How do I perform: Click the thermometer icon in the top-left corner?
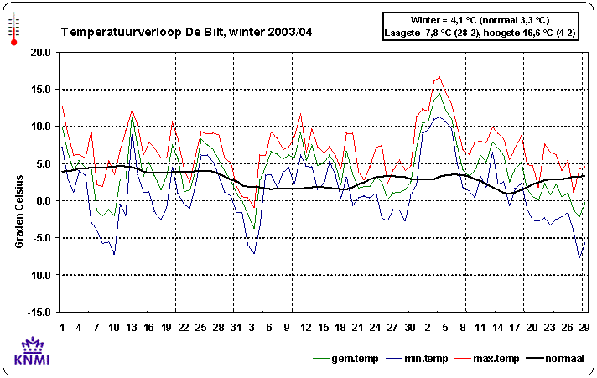click(13, 28)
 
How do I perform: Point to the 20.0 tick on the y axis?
click(39, 52)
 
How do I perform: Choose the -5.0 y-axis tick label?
click(39, 237)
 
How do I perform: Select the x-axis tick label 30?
click(410, 327)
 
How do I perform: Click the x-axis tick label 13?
click(132, 327)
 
